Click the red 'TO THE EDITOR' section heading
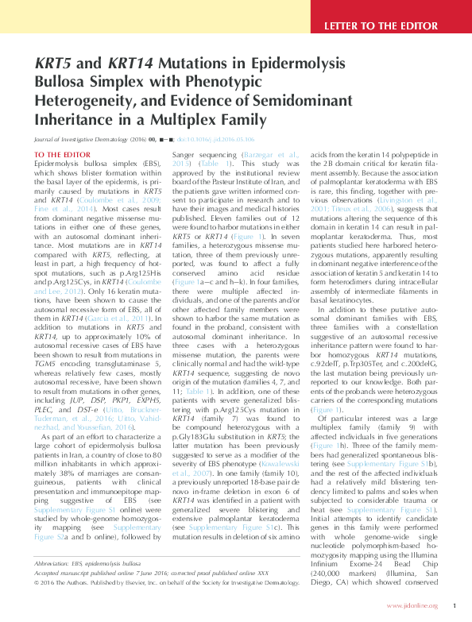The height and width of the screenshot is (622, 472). coord(63,153)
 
